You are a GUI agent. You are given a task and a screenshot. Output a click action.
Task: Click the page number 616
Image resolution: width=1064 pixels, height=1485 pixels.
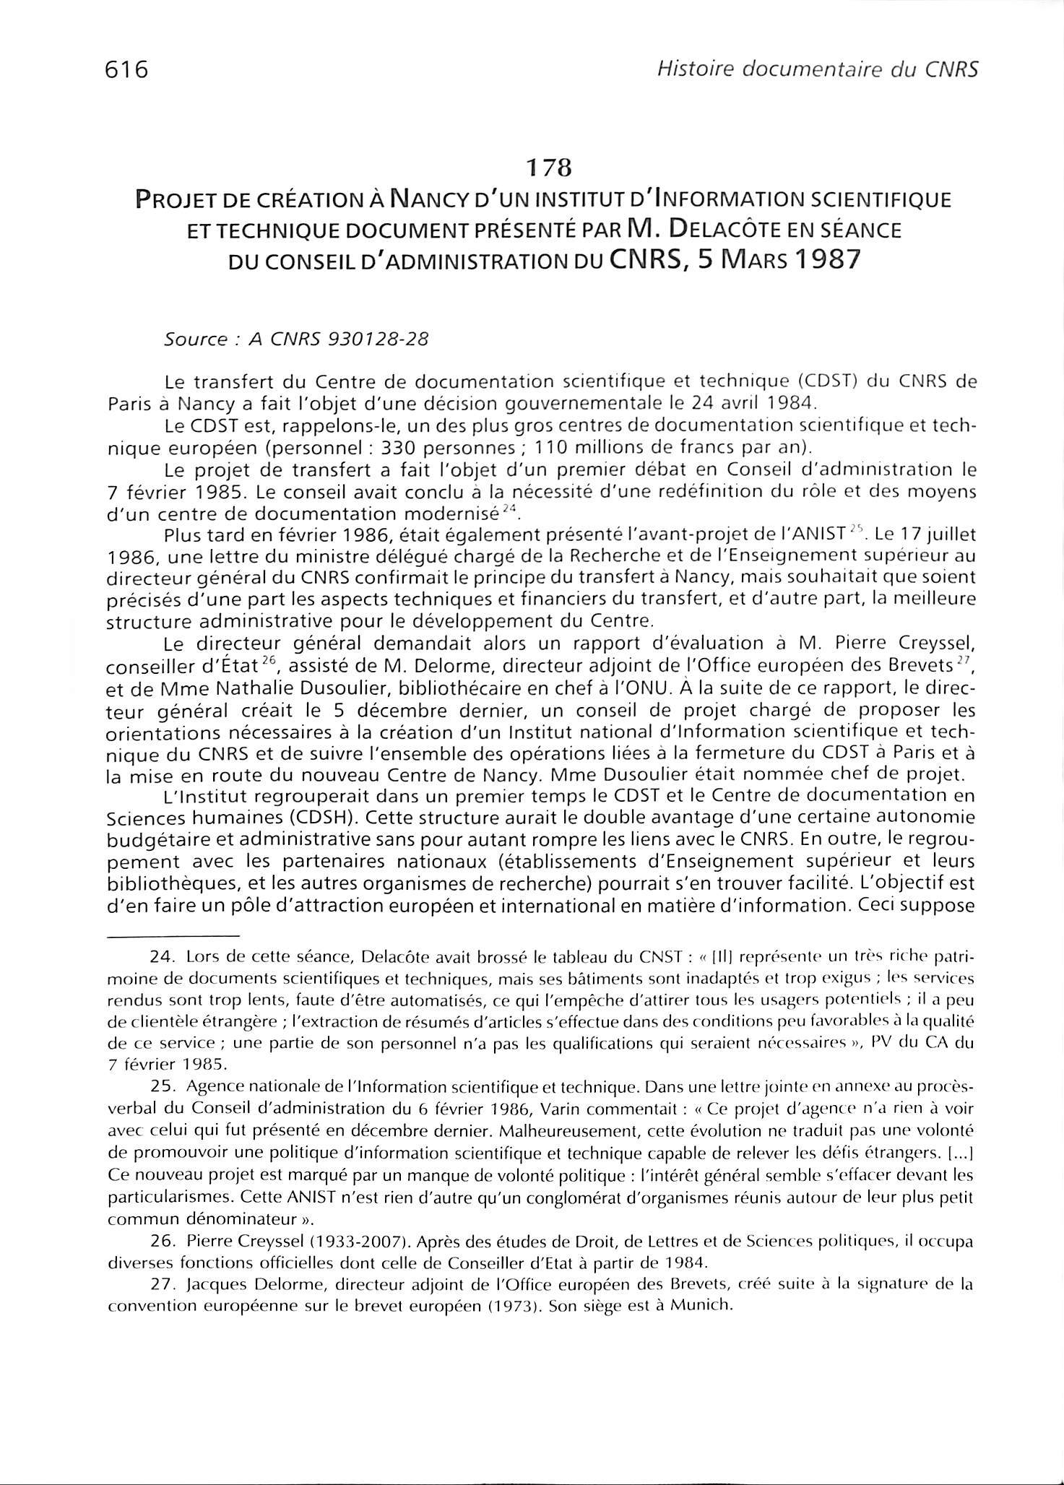click(x=126, y=70)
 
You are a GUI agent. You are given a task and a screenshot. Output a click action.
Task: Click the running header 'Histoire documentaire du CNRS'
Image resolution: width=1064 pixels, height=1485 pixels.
click(x=814, y=69)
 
